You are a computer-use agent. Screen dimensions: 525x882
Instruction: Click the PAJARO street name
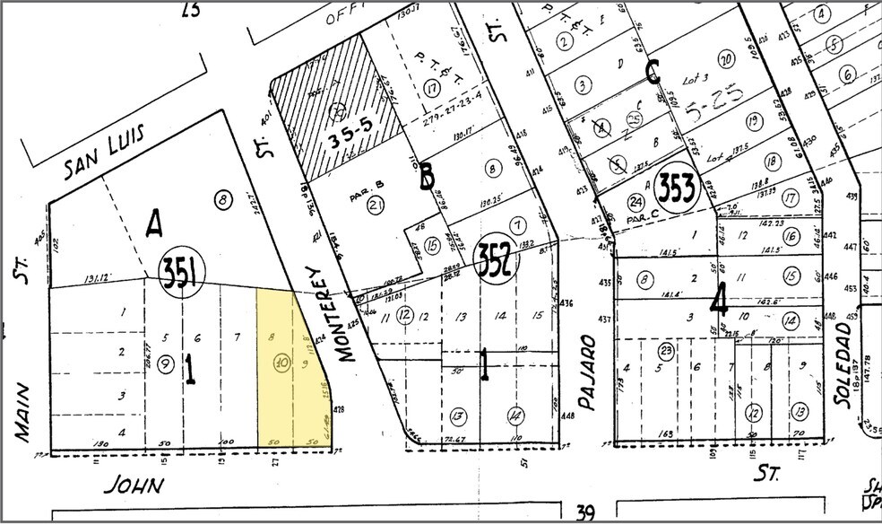point(587,372)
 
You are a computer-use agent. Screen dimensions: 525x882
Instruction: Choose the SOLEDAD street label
point(845,368)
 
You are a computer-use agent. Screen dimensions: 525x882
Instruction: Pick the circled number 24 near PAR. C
point(636,202)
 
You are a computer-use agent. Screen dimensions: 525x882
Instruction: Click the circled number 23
point(665,352)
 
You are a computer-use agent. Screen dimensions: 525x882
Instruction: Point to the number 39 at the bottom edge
point(585,512)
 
